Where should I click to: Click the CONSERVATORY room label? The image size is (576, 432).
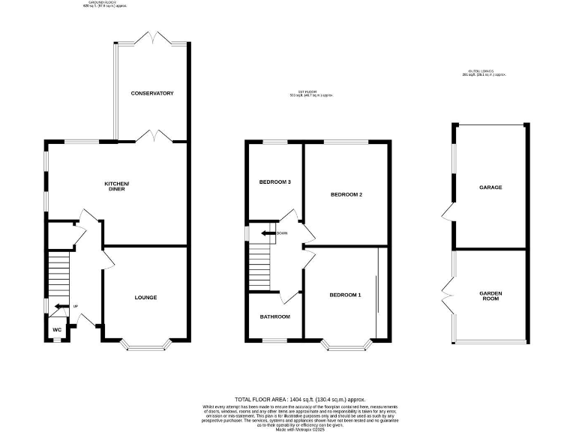[x=152, y=93]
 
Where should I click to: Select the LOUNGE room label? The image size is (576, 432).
[x=145, y=298]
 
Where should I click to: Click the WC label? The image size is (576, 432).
[x=56, y=329]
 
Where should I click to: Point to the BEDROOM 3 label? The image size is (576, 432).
[x=274, y=182]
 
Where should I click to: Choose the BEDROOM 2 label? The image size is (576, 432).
[x=346, y=194]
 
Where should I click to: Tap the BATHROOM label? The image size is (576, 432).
[x=274, y=316]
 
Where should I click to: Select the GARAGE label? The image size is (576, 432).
[x=490, y=187]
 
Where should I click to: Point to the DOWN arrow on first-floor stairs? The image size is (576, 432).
[x=267, y=233]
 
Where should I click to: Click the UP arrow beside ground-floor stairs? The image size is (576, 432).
[x=59, y=306]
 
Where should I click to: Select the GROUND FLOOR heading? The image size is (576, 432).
[x=106, y=4]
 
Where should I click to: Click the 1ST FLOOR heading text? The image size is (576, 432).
[x=310, y=94]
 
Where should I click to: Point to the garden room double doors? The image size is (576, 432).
[x=448, y=296]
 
